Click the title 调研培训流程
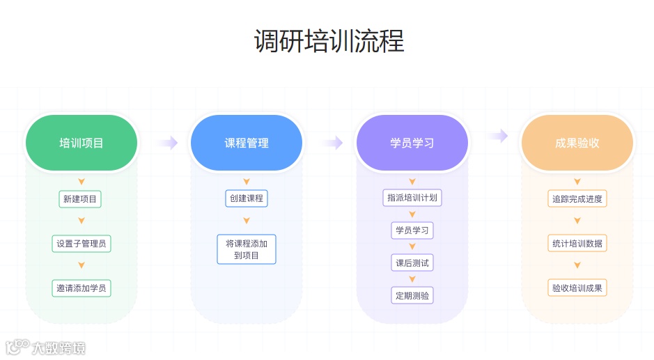329,40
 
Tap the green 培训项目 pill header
81,143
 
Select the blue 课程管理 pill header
247,143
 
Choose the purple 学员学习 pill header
412,143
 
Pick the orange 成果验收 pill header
577,143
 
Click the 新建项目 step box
81,199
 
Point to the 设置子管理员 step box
81,244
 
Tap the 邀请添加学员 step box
81,288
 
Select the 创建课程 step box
247,198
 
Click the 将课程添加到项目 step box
247,249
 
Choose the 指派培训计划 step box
412,198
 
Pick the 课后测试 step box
412,263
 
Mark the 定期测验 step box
412,295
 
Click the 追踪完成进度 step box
577,199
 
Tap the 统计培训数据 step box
577,244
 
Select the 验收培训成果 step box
577,288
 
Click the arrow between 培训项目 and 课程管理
166,143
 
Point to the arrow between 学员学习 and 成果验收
497,136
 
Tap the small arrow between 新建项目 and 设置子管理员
81,221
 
